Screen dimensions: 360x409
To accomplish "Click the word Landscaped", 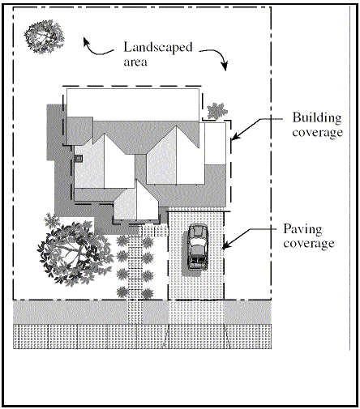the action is (158, 48).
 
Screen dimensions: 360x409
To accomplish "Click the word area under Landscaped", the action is (135, 62).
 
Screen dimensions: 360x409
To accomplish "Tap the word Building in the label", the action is (317, 118).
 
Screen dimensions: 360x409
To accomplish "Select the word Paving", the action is (302, 230).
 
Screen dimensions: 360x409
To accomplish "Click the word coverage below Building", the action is (318, 133).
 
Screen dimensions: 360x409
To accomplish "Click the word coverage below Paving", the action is (309, 244).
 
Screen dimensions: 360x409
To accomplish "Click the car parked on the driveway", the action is (198, 247).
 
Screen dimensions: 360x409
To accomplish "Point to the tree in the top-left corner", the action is (45, 36).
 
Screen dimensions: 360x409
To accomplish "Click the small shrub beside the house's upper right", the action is (217, 111).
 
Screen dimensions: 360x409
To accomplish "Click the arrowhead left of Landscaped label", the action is (86, 42).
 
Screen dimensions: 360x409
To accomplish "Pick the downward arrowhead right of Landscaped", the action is (225, 66).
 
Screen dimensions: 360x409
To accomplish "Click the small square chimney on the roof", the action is (79, 159).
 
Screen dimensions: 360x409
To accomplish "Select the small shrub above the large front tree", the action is (51, 220).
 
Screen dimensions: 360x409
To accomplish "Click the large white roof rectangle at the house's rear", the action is (133, 104).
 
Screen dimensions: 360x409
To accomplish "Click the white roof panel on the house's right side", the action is (215, 143).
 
